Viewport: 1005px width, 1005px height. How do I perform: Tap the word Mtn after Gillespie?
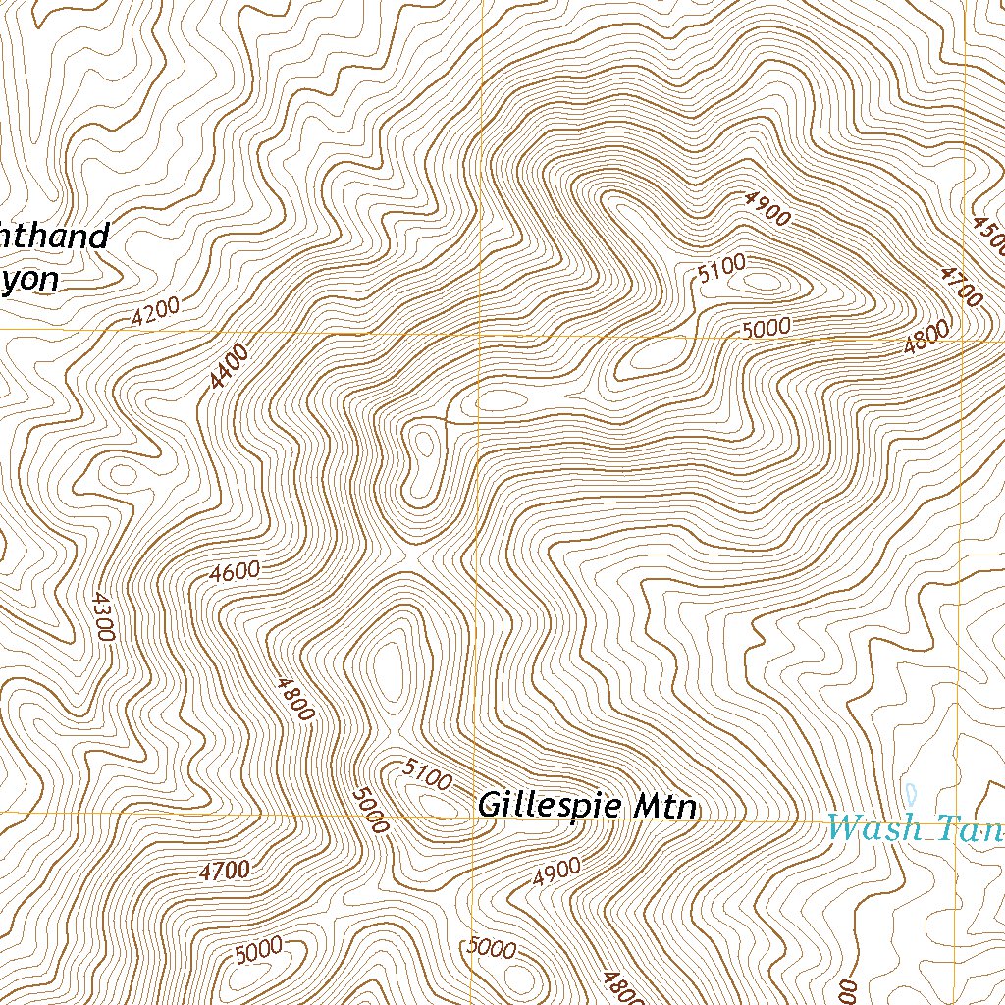(x=664, y=807)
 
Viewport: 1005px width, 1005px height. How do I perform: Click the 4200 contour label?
(x=156, y=311)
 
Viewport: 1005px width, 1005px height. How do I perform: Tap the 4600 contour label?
(x=235, y=571)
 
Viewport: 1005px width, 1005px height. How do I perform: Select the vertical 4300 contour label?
(x=102, y=616)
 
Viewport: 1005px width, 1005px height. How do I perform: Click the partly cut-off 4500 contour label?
(x=988, y=233)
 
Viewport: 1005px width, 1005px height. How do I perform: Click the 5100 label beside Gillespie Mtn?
(x=428, y=775)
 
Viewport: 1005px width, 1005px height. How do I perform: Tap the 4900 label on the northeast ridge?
(x=767, y=209)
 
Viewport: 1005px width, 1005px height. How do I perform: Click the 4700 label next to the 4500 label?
(x=959, y=286)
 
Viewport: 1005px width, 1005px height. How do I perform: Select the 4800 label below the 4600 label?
(x=294, y=699)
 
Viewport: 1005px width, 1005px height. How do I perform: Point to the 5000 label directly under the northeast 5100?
(x=766, y=328)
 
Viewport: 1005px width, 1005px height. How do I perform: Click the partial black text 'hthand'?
(x=54, y=237)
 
